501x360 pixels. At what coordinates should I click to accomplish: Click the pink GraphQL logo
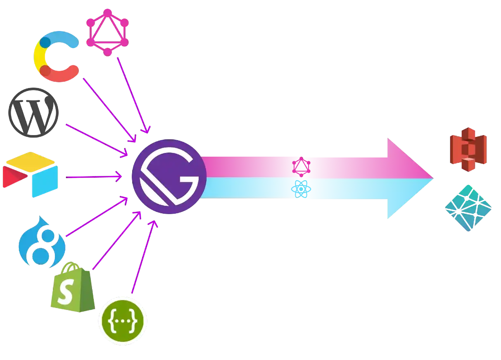coord(107,32)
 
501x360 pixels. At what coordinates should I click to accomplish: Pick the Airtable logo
coord(31,174)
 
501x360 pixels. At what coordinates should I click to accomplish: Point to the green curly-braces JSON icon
coord(123,321)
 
